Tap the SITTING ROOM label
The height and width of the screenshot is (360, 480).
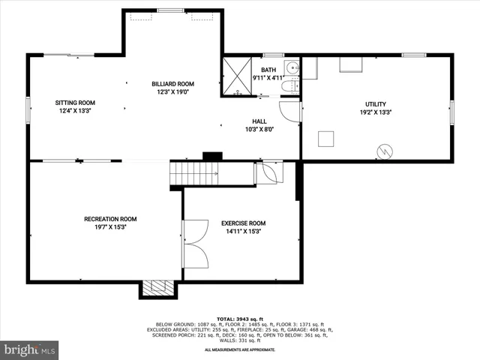coord(75,103)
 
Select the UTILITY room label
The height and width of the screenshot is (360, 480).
coord(376,104)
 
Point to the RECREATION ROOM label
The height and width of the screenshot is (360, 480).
coord(110,219)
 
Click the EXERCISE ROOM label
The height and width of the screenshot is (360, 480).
coord(243,223)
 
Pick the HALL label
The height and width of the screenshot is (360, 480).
coord(259,121)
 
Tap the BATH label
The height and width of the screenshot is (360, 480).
coord(268,70)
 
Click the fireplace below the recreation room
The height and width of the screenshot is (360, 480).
coord(157,289)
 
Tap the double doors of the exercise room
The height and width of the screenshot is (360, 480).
coord(195,244)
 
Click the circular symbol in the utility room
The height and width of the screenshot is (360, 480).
coord(385,151)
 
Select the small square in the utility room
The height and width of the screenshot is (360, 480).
coord(325,138)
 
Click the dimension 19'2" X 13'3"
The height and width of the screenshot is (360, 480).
coord(376,112)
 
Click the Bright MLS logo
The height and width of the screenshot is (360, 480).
coord(30,349)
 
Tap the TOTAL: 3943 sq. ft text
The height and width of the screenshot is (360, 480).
coord(238,317)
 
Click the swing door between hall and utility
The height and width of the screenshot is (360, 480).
coord(290,111)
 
